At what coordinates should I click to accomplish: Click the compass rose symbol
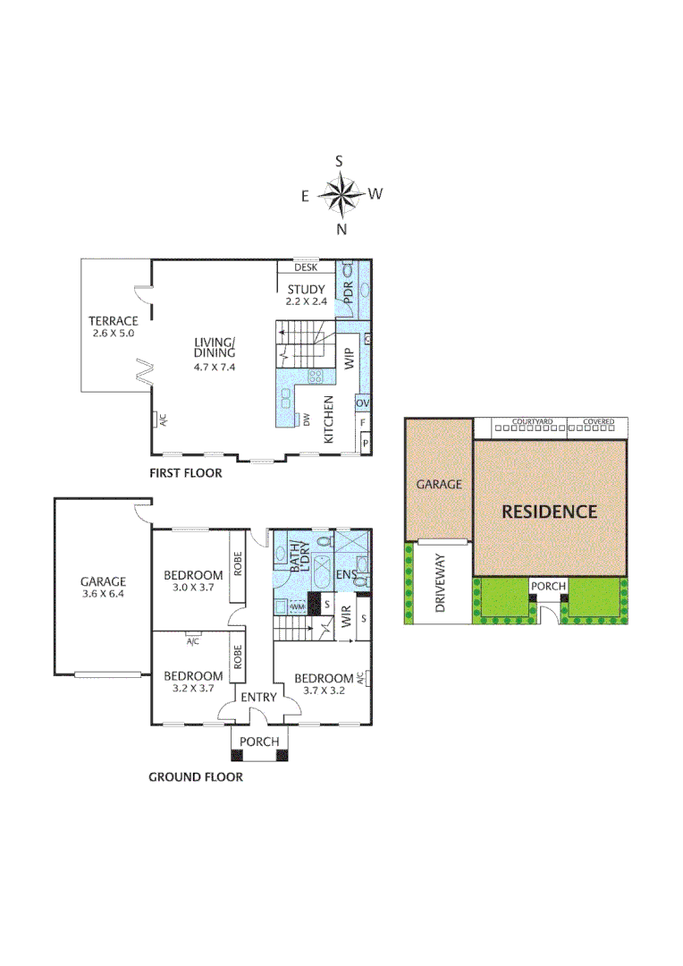[340, 195]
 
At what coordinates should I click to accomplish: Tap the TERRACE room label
[113, 321]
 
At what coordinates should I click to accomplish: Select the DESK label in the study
[306, 267]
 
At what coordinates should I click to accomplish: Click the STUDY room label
[306, 289]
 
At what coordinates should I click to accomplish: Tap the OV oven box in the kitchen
[363, 403]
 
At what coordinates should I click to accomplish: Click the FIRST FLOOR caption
[185, 473]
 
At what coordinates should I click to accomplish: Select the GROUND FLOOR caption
[195, 777]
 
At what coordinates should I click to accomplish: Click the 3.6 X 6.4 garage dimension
[103, 593]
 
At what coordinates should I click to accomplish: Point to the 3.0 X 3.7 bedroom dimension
[192, 588]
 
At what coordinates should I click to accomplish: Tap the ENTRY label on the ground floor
[256, 697]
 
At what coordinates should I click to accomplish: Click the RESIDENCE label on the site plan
[549, 512]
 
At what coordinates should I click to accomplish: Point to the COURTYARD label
[532, 421]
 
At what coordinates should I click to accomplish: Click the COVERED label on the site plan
[598, 421]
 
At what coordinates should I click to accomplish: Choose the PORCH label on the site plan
[549, 587]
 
